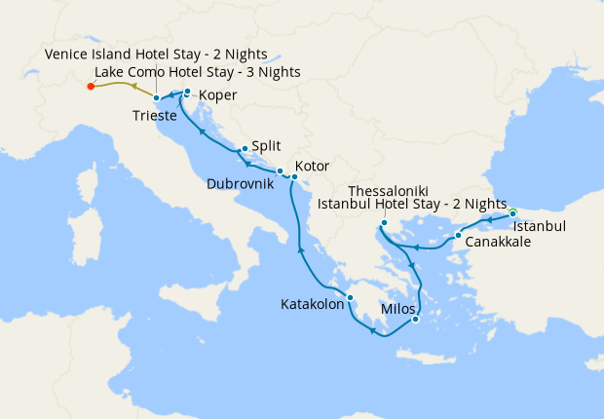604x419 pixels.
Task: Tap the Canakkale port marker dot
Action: [x=458, y=236]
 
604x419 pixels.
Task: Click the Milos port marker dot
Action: [x=415, y=319]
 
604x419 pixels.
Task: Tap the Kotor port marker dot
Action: [x=294, y=177]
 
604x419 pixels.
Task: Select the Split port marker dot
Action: [x=245, y=149]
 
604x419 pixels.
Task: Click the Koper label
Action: [x=217, y=95]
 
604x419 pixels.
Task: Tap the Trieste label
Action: [x=154, y=116]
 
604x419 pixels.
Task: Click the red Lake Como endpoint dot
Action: [x=91, y=87]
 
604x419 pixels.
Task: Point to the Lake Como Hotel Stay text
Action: [x=198, y=73]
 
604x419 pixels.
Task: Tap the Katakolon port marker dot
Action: [x=350, y=298]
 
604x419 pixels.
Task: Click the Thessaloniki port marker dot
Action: [x=385, y=222]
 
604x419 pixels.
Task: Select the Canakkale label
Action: [x=498, y=242]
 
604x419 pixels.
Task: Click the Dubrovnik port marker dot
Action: [x=280, y=171]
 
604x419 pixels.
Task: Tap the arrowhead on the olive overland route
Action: [x=133, y=87]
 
